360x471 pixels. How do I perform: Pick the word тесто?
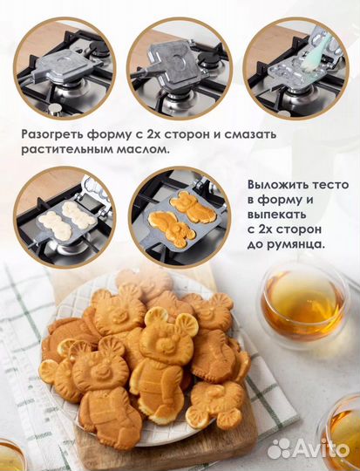[x=332, y=185]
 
